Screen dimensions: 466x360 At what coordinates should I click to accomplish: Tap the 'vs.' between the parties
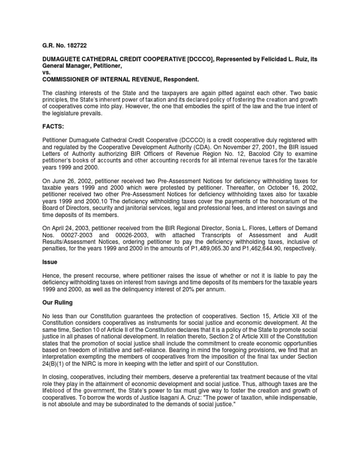(41, 74)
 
